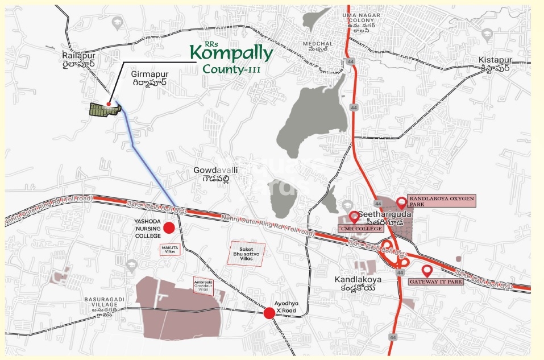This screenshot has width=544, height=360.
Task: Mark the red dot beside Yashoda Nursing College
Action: coord(168,229)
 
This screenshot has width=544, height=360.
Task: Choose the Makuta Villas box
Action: coord(170,250)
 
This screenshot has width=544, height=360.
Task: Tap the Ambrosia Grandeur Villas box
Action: coord(204,285)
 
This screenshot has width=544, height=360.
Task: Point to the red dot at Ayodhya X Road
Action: coord(269,313)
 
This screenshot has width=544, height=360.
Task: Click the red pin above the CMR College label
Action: coord(354,217)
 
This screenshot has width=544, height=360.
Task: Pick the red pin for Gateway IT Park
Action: coord(427,271)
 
